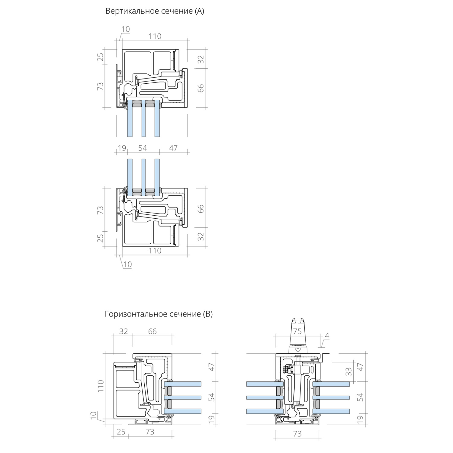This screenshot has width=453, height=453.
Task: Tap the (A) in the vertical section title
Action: pyautogui.click(x=199, y=11)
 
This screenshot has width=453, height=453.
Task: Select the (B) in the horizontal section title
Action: pyautogui.click(x=207, y=314)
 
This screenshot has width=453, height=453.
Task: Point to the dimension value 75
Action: pyautogui.click(x=297, y=331)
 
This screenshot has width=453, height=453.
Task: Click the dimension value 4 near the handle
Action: pyautogui.click(x=327, y=336)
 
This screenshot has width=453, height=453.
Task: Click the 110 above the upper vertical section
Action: pyautogui.click(x=155, y=36)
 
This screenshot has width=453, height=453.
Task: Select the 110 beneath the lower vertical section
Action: pyautogui.click(x=155, y=251)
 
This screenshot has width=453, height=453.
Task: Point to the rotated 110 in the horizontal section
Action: pyautogui.click(x=101, y=386)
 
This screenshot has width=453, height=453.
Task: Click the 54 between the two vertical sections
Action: pyautogui.click(x=143, y=148)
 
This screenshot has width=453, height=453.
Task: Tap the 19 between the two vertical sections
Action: pyautogui.click(x=122, y=148)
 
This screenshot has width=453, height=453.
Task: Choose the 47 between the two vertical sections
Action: pyautogui.click(x=173, y=148)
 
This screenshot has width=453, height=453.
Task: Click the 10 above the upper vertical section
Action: pyautogui.click(x=125, y=29)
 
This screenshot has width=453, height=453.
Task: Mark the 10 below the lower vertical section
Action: pyautogui.click(x=127, y=265)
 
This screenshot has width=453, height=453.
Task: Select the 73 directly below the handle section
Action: pyautogui.click(x=297, y=434)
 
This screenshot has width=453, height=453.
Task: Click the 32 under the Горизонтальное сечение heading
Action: pyautogui.click(x=124, y=331)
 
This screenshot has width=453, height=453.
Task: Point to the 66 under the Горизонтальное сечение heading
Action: pyautogui.click(x=153, y=331)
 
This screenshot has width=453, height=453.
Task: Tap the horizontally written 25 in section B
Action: pyautogui.click(x=121, y=432)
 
